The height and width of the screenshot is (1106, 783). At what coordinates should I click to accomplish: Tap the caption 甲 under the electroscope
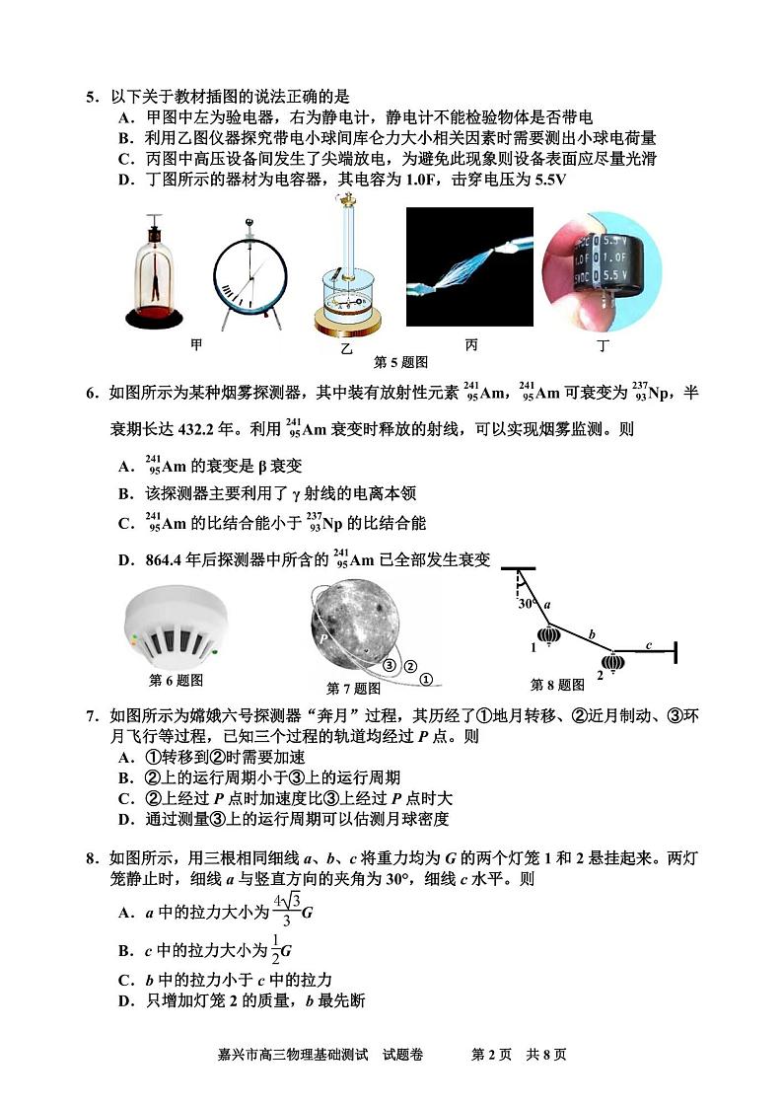coord(196,344)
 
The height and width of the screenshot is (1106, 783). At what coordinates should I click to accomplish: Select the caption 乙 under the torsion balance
coord(345,348)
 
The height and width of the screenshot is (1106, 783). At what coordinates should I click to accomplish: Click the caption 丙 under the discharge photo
coord(471,344)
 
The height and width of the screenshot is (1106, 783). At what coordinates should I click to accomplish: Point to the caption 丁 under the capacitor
coord(604,346)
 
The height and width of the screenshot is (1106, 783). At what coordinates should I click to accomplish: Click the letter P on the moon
coord(322,638)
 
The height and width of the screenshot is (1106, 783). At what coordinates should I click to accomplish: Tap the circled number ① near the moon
coord(425,679)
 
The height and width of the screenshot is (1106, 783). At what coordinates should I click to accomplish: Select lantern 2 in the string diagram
coord(613,662)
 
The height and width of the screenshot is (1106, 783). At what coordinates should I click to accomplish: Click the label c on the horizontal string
coord(648,644)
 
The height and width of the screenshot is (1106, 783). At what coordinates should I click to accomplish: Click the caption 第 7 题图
coord(353,688)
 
